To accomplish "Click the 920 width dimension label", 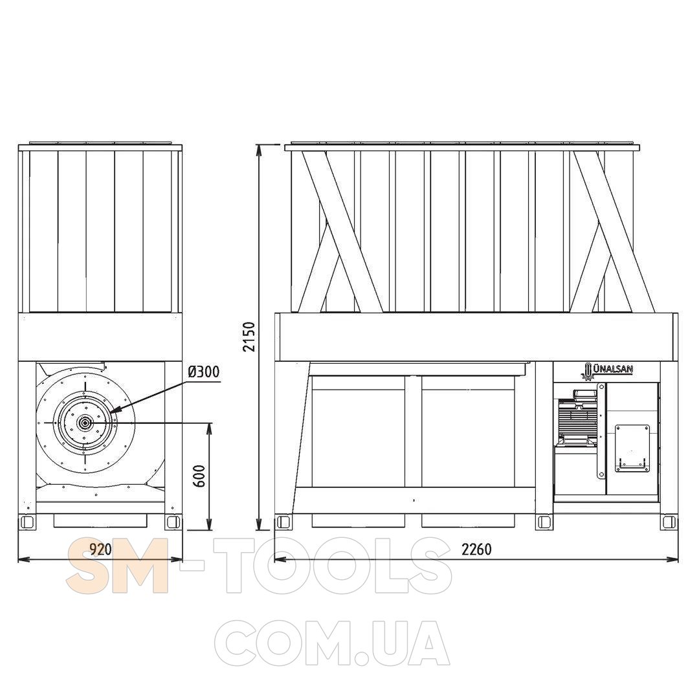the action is coord(101,549).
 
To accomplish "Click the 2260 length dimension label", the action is coord(476,549).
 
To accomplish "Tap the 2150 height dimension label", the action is coord(249,337).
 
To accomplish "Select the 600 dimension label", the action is coord(200,476).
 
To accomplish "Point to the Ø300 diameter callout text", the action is coord(204,372).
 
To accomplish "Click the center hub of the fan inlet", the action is coord(83,423).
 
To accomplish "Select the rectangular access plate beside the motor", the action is coord(632,448).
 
